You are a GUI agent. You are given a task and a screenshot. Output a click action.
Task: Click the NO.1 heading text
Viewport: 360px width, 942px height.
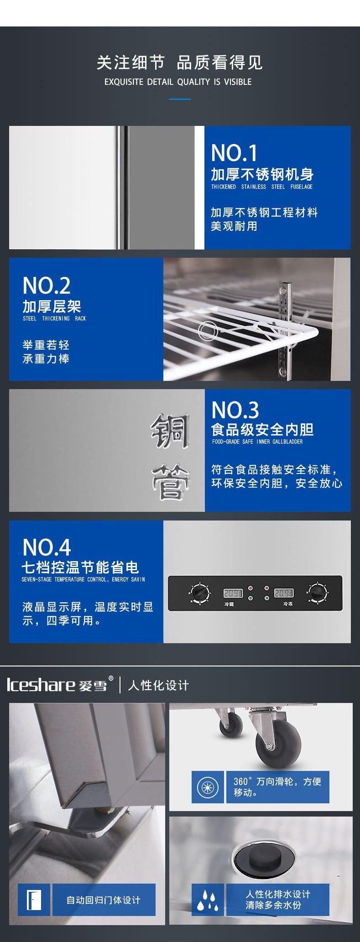pos(234,153)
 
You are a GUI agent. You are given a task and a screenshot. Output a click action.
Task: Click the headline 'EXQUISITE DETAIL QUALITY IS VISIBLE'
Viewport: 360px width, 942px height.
pos(178,82)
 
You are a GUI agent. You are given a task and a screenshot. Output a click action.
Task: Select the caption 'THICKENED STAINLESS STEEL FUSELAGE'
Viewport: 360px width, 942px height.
pos(261,187)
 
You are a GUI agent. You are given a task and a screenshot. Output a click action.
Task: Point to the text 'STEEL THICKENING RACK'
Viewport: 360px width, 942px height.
pos(54,318)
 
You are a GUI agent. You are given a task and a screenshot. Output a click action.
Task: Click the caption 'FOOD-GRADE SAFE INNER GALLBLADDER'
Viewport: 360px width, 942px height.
pos(257,442)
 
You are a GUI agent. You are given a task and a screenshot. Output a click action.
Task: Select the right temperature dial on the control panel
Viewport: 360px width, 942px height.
pos(315,593)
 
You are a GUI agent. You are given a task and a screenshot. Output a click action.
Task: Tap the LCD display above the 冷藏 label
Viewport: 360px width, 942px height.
pos(231,593)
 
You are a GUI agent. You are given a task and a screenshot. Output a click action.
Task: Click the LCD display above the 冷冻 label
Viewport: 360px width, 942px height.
pos(283,593)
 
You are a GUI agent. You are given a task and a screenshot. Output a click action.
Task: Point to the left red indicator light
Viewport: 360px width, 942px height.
pos(250,588)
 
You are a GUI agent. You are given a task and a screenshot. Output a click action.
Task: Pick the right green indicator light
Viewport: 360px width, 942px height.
pos(266,598)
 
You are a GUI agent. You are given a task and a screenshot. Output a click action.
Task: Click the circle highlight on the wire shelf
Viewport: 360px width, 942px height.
pos(208,330)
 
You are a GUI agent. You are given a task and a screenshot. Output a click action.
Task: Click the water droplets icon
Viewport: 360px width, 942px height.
pos(204,900)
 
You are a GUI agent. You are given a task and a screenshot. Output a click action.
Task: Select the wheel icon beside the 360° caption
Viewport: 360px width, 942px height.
pos(208,787)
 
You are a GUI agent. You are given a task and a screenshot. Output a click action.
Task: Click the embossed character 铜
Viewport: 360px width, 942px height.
pos(169,431)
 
